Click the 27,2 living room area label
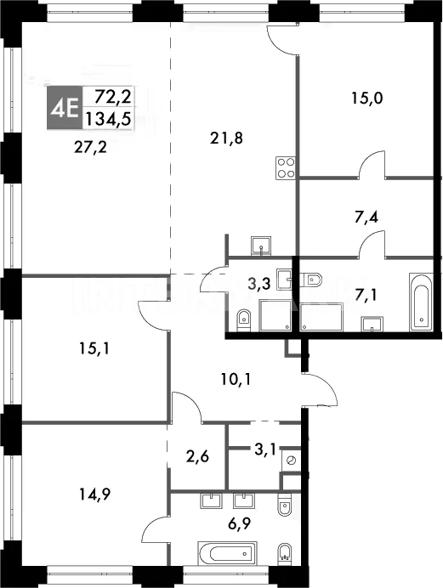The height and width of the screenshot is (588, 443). (x=90, y=147)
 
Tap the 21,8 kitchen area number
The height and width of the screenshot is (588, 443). (x=226, y=139)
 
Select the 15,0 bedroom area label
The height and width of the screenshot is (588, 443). (x=366, y=99)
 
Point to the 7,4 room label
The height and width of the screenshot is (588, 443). (x=366, y=218)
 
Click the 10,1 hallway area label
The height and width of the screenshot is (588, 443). (x=236, y=380)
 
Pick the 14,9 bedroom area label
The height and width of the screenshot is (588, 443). (x=94, y=495)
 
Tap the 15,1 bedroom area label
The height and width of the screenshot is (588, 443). (x=94, y=349)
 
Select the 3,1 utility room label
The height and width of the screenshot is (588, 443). (x=264, y=449)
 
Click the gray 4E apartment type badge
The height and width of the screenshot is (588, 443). (x=63, y=109)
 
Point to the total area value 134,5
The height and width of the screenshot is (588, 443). (x=108, y=119)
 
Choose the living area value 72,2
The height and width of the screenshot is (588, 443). (x=112, y=97)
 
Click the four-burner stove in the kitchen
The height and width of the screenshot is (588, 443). (x=286, y=167)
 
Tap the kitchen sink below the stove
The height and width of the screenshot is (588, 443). (x=261, y=245)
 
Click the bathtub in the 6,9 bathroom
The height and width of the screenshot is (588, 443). (x=226, y=553)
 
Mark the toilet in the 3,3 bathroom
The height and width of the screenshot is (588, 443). (x=244, y=319)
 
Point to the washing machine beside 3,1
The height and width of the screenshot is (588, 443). (x=291, y=460)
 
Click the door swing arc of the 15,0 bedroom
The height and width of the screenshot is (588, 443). (x=371, y=160)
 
